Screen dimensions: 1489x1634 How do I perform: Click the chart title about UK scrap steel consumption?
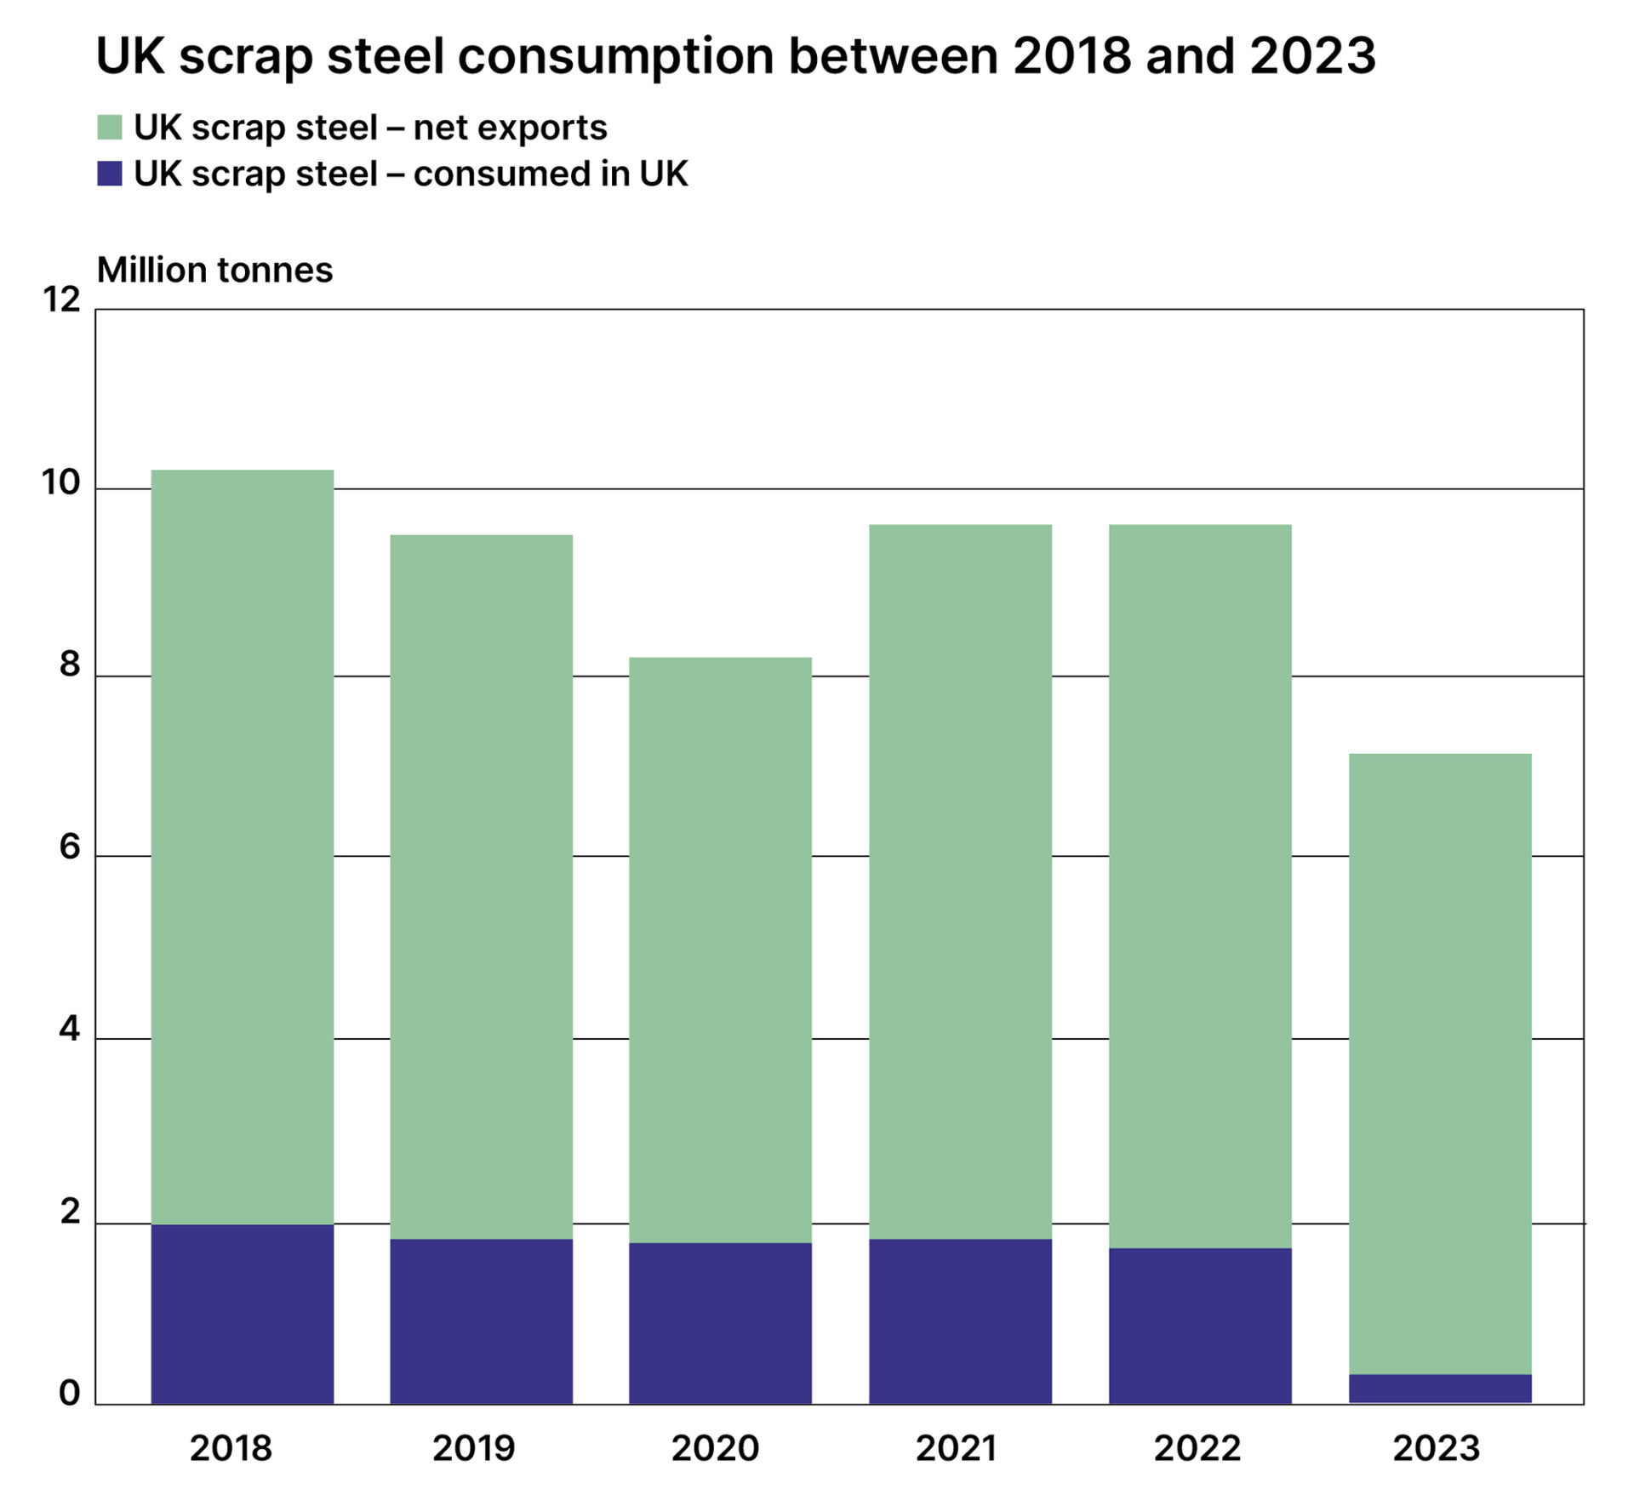click(735, 56)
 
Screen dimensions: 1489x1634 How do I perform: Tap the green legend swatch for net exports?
click(110, 128)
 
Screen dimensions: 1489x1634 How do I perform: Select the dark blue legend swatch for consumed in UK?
click(110, 174)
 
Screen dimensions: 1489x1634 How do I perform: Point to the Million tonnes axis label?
click(214, 271)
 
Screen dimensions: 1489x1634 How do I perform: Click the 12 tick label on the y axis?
click(61, 300)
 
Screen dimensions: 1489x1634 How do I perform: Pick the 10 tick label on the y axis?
click(61, 483)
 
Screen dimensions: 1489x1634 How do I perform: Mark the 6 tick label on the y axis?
click(69, 847)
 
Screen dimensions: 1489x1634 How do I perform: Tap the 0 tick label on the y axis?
click(69, 1393)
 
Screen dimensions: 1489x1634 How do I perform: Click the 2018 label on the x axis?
click(231, 1448)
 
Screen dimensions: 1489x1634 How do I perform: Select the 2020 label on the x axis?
click(715, 1448)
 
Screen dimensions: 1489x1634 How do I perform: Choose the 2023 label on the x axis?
click(1437, 1448)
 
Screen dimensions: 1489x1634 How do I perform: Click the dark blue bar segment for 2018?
click(243, 1314)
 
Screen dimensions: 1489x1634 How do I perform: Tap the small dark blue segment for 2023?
click(1440, 1389)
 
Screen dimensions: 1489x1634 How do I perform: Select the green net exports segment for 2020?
click(720, 949)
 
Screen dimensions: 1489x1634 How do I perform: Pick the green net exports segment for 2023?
click(1440, 1064)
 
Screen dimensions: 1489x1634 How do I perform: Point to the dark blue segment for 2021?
click(960, 1321)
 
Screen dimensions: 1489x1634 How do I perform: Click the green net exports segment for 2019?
click(482, 885)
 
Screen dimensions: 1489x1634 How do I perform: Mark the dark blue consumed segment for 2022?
click(1200, 1326)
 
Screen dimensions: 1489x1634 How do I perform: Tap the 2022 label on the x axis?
click(1197, 1448)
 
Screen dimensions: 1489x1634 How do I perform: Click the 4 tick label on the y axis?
click(69, 1030)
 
